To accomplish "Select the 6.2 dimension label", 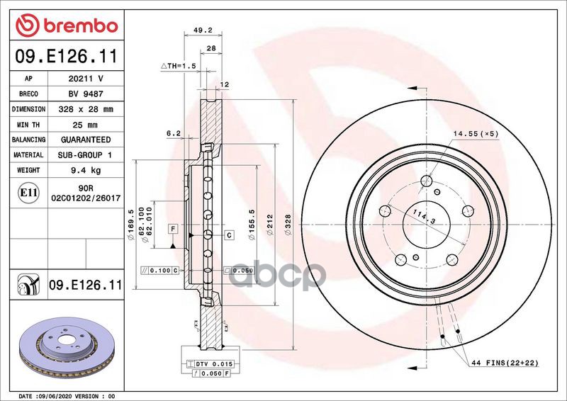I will (x=173, y=133).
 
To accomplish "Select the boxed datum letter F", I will (x=172, y=227).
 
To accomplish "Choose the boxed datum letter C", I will (x=230, y=235).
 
